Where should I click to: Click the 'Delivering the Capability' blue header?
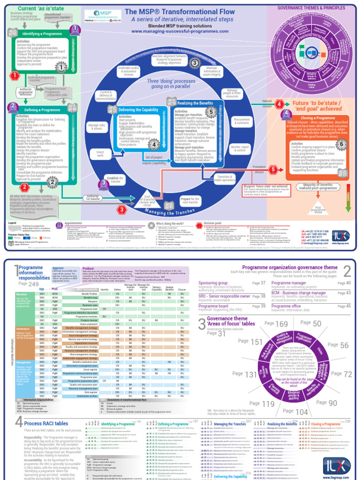coord(138,109)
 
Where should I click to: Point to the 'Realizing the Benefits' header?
coord(195,103)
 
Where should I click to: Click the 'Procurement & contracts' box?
coord(242,121)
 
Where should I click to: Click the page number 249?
coord(34,284)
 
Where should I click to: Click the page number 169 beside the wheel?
coord(282,324)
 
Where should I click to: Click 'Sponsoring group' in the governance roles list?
coord(213,283)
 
